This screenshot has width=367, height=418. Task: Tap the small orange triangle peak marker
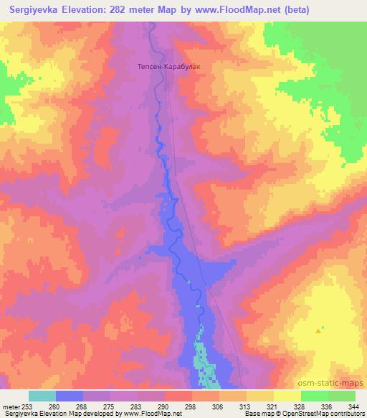[318, 330]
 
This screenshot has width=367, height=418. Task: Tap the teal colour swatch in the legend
[42, 396]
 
